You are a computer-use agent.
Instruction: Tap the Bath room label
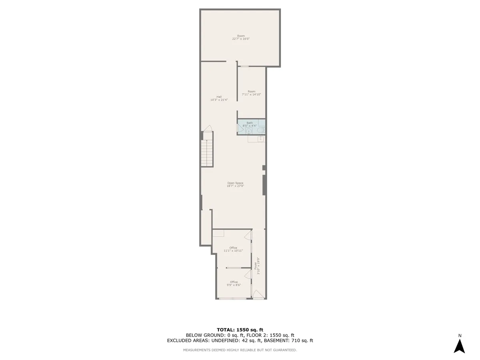(x=250, y=124)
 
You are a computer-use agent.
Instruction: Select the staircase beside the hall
(x=207, y=154)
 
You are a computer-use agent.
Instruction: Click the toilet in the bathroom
(x=260, y=130)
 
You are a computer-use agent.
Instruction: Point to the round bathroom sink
(x=248, y=131)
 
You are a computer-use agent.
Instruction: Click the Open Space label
(x=235, y=184)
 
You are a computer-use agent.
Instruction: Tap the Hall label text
(x=219, y=98)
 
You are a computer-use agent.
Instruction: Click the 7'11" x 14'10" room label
(x=251, y=93)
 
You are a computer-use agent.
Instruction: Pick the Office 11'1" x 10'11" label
(x=233, y=249)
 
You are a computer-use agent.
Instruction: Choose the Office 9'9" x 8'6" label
(x=234, y=284)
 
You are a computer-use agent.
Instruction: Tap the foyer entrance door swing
(x=258, y=295)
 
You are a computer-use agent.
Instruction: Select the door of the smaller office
(x=248, y=274)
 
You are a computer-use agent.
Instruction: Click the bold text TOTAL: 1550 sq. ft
(x=240, y=330)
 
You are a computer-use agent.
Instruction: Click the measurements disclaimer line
(x=240, y=350)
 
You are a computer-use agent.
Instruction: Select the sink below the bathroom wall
(x=260, y=138)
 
